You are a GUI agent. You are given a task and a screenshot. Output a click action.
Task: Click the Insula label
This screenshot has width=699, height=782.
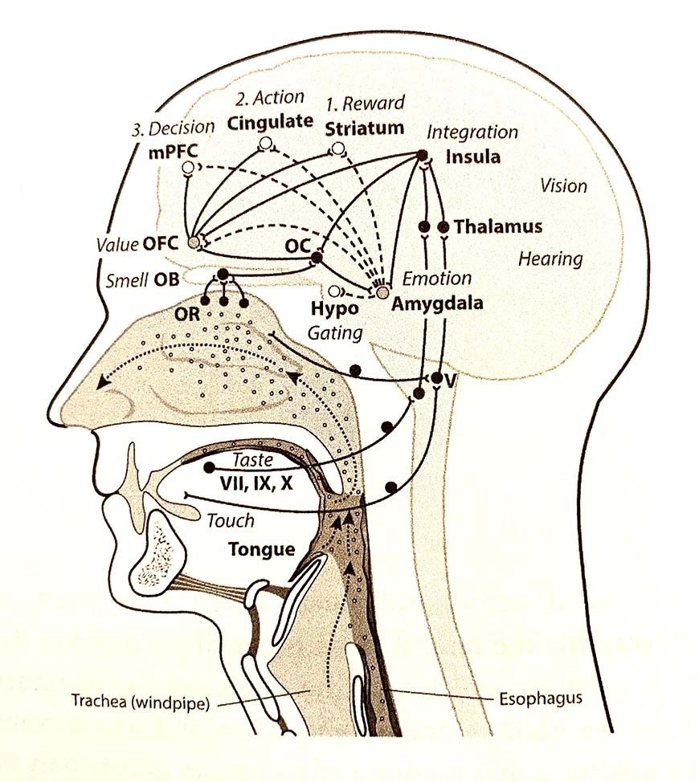[x=472, y=157]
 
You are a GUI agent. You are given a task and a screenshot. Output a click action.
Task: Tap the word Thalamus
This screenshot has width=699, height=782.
[x=498, y=226]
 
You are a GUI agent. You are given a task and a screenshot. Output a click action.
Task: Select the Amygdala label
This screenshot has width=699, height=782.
[x=436, y=303]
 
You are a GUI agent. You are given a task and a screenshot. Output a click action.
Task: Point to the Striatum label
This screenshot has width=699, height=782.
[x=364, y=128]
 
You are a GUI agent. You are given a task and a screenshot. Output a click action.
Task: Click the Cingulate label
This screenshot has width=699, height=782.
[x=270, y=122]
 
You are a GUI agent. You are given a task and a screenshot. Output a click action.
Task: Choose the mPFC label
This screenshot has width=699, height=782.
[x=173, y=151]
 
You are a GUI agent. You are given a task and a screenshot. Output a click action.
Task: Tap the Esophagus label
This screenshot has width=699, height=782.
[x=541, y=698]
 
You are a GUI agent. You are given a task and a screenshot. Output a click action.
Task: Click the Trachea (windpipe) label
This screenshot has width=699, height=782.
[x=140, y=700]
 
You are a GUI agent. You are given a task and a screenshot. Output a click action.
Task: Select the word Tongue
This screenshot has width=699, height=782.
[x=261, y=550]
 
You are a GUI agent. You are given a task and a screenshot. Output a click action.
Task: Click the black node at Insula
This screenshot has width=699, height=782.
[x=422, y=155]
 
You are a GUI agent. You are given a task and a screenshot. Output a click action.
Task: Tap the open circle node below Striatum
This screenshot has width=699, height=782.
[x=337, y=148]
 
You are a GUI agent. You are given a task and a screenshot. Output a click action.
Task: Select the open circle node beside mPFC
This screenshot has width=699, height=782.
[x=187, y=168]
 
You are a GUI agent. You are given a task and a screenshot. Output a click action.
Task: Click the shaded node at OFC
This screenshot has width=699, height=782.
[x=194, y=242]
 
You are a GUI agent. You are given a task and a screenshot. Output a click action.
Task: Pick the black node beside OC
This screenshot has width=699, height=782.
[x=317, y=258]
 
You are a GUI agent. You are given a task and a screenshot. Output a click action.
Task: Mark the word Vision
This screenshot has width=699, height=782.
[x=564, y=186]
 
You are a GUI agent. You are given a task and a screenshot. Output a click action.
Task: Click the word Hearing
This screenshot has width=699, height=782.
[x=550, y=259]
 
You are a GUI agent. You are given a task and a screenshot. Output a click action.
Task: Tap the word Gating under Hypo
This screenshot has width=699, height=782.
[x=335, y=333]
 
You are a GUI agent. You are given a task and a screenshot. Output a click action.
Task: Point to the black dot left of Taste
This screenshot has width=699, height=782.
[x=210, y=467]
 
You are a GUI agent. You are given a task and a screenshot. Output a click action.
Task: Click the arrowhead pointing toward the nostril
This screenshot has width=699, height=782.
[x=104, y=382]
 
